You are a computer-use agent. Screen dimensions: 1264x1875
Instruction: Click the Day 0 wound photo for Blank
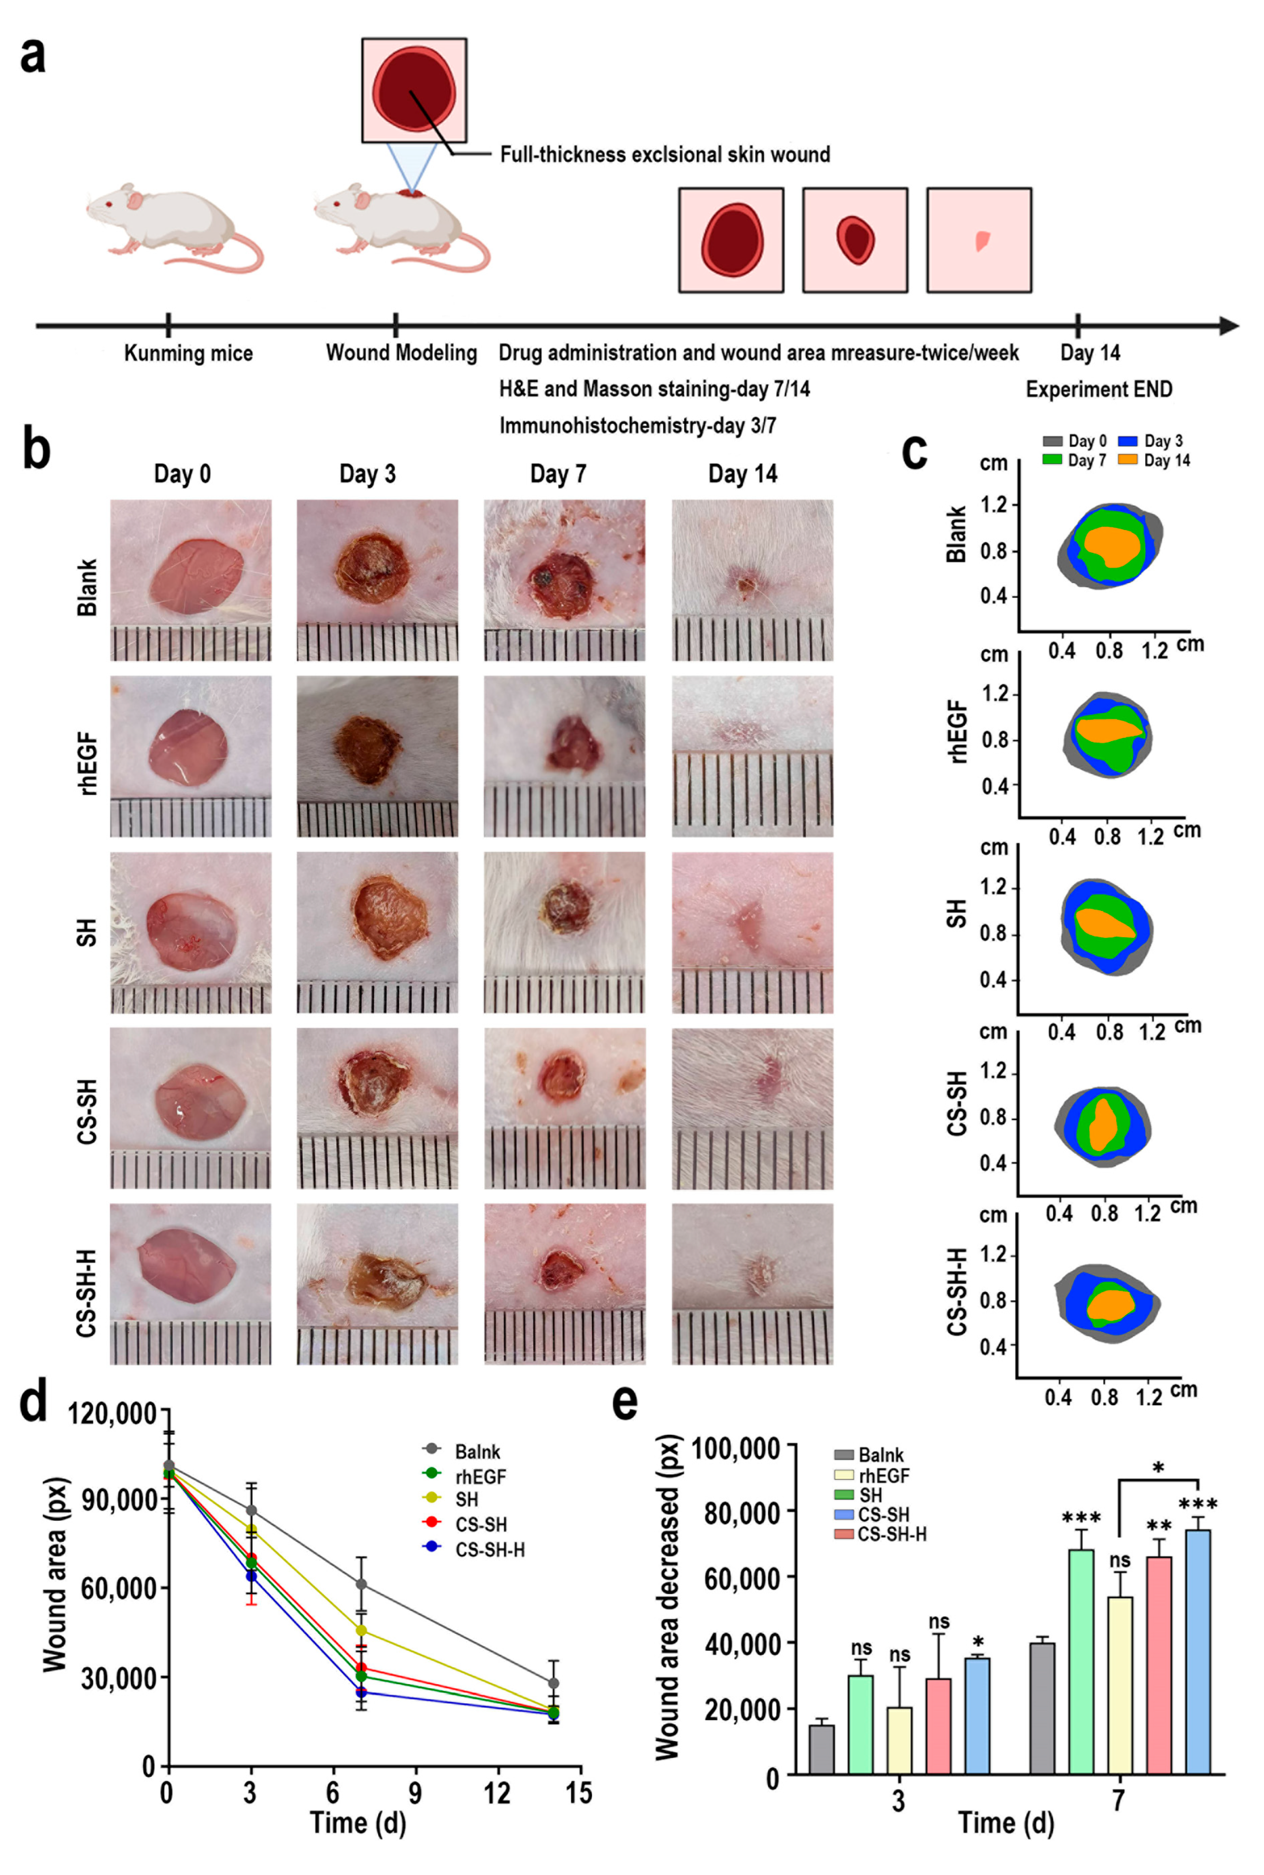point(191,580)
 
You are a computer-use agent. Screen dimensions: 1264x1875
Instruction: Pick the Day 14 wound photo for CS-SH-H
point(752,1284)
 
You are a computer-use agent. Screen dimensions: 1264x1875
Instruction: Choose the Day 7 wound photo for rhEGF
point(564,756)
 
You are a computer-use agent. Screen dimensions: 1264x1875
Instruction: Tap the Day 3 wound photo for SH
point(377,932)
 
